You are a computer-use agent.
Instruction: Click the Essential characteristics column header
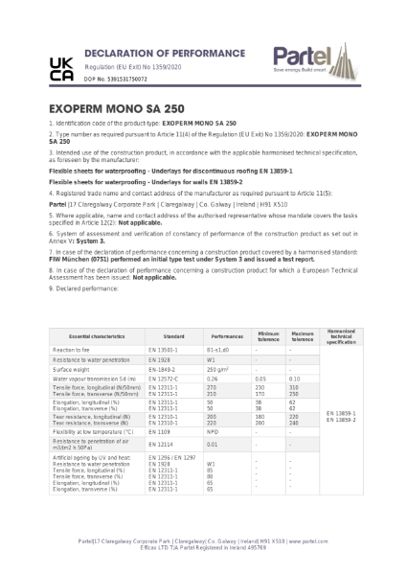(x=93, y=337)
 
